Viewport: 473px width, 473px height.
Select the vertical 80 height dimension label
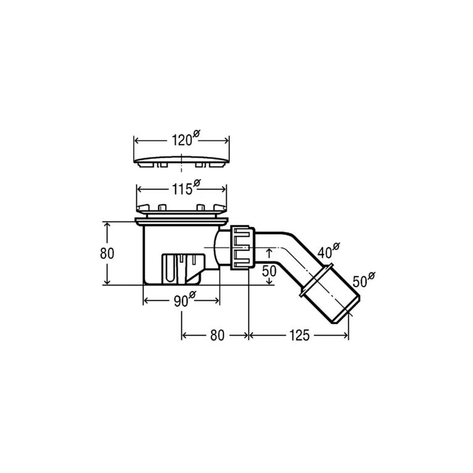click(107, 254)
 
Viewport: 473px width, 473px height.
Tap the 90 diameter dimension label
click(185, 299)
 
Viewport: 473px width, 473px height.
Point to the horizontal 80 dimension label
click(217, 335)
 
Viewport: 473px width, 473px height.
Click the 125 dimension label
click(299, 335)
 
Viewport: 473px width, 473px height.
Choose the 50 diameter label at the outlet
click(364, 280)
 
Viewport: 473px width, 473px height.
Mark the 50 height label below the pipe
click(269, 271)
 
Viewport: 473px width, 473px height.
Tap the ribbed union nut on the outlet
click(243, 247)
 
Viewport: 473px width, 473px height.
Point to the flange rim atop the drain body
click(182, 222)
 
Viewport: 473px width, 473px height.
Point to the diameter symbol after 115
click(197, 183)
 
